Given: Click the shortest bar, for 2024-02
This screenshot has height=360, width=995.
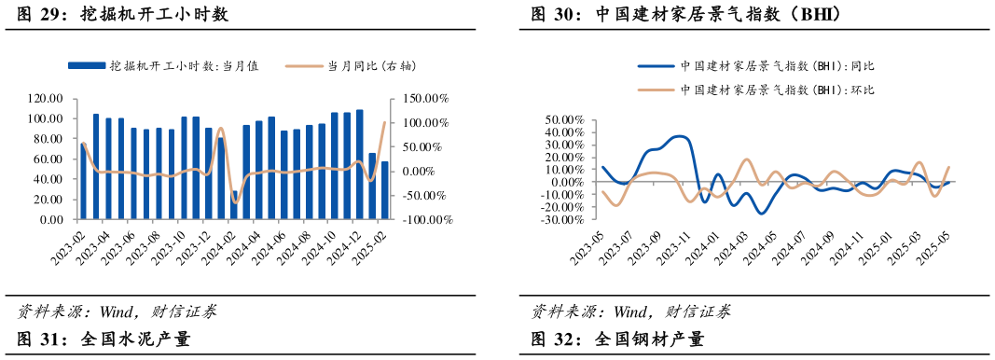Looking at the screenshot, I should click(234, 205).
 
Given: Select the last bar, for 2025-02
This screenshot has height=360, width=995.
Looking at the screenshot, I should click(384, 190).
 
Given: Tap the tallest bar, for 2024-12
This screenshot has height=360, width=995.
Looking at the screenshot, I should click(359, 165).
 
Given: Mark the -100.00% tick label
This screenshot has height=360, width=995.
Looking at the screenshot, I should click(425, 220).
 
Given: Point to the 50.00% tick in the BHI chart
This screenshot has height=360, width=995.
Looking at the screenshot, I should click(563, 120).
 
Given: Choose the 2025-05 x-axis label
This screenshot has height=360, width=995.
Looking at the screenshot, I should click(936, 246).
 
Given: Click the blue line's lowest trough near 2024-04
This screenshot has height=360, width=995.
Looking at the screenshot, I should click(762, 214).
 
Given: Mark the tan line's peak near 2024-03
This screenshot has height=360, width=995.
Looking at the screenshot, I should click(747, 159).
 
